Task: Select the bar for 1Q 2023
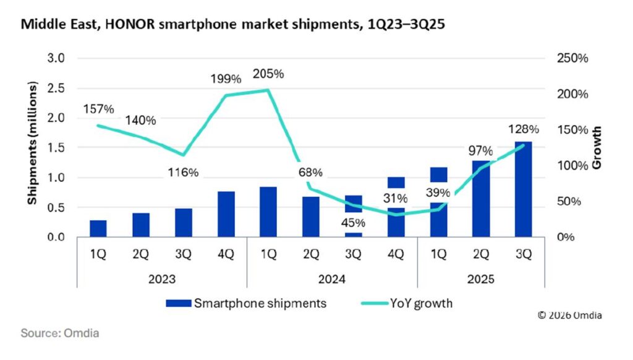98,228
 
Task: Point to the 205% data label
268,74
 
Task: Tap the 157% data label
98,109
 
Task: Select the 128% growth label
524,130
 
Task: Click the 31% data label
395,199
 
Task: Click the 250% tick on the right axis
571,59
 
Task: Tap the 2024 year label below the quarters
331,279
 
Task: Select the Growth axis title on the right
597,148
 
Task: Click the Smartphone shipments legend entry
246,303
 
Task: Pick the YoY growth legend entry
412,303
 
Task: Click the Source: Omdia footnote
60,333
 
